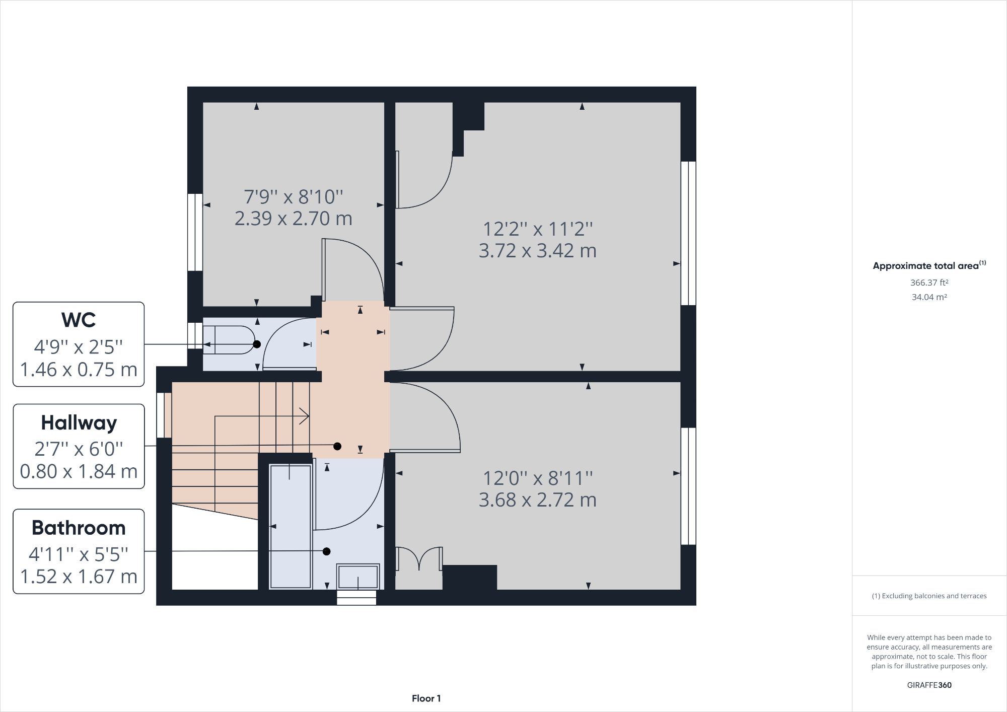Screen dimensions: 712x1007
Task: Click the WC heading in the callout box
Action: click(79, 320)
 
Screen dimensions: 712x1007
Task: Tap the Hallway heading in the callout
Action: click(79, 423)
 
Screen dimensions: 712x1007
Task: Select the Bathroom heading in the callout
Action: click(79, 528)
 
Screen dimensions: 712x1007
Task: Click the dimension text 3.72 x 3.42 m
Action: click(537, 251)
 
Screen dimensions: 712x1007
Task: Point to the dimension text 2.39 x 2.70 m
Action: click(293, 219)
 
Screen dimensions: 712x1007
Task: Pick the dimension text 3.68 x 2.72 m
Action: click(537, 500)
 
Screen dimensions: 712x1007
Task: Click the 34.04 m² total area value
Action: click(929, 297)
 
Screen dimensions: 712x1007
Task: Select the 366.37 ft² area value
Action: click(929, 282)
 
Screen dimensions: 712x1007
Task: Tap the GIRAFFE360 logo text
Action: click(929, 685)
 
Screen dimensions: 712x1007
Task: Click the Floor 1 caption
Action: click(426, 698)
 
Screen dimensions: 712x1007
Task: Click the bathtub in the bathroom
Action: click(291, 526)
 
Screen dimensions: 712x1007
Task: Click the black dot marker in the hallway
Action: click(337, 446)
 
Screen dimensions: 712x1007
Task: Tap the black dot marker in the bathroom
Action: click(326, 551)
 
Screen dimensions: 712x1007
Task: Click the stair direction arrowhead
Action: click(305, 416)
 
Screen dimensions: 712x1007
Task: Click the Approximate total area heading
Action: click(929, 266)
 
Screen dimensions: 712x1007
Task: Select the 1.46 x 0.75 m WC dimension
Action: click(79, 370)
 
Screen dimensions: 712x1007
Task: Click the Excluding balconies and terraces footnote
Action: click(929, 596)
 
